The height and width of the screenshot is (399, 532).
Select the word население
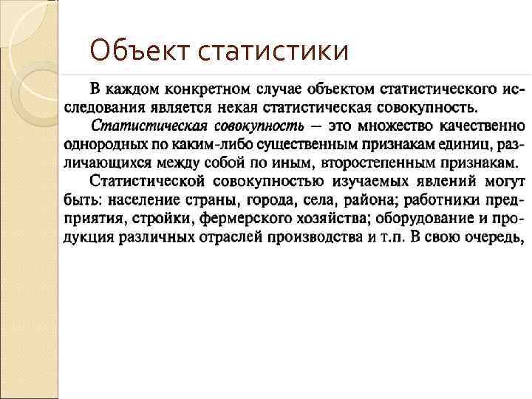pyautogui.click(x=145, y=200)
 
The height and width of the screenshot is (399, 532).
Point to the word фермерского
pyautogui.click(x=247, y=219)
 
